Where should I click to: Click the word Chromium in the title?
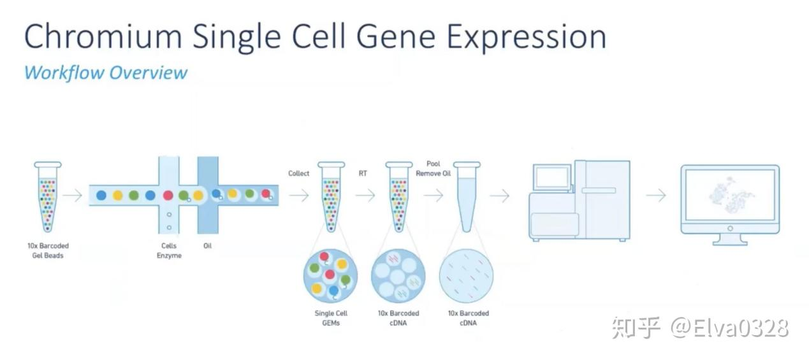click(x=103, y=36)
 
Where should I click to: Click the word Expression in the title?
click(x=527, y=38)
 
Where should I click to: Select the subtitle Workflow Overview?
click(x=106, y=73)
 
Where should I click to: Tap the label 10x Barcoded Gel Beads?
click(x=48, y=250)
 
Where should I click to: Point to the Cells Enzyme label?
click(x=169, y=250)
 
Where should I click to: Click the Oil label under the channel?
click(x=207, y=246)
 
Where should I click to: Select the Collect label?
click(x=299, y=173)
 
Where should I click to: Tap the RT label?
click(x=363, y=173)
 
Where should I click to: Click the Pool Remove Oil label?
click(x=433, y=169)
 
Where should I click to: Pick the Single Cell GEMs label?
click(x=331, y=318)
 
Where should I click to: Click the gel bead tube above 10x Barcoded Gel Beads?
click(x=48, y=197)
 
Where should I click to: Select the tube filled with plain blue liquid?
click(x=467, y=197)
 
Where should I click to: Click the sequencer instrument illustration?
click(x=579, y=201)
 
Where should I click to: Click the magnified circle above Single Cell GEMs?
click(x=330, y=275)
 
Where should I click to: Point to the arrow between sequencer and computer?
click(x=656, y=196)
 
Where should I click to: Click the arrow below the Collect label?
click(x=299, y=196)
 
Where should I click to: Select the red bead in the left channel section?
click(x=168, y=196)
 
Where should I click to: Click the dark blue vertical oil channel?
click(x=208, y=195)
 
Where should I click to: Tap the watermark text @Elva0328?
click(x=729, y=328)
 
